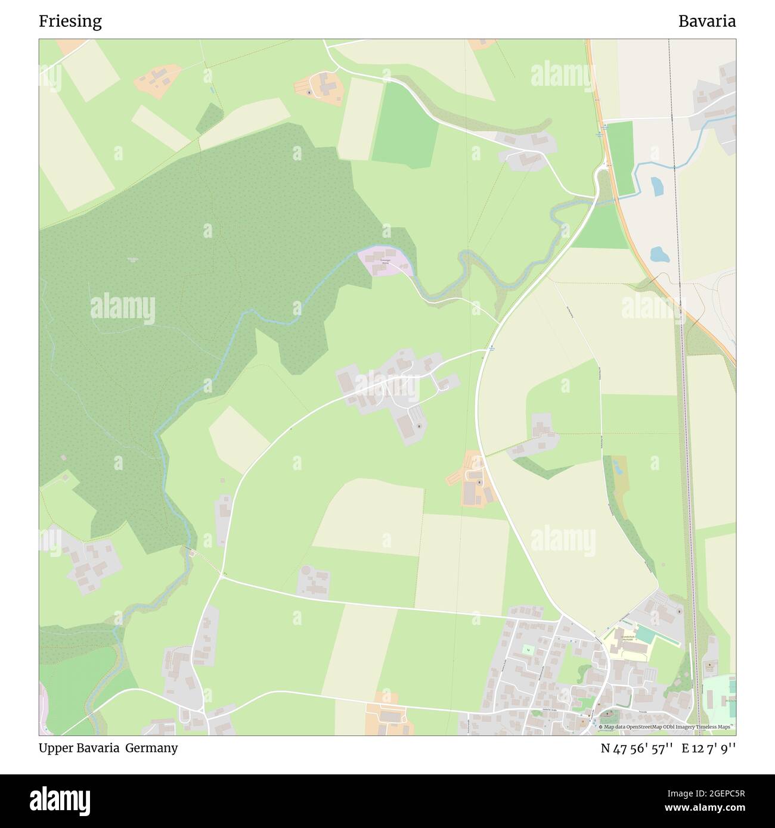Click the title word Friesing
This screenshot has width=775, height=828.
[70, 21]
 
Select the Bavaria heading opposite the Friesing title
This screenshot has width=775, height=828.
[706, 21]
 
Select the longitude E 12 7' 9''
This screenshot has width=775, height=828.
[709, 749]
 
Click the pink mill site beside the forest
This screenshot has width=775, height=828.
[383, 260]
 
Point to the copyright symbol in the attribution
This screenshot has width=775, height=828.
[600, 727]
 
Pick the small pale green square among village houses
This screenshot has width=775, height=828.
[528, 649]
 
